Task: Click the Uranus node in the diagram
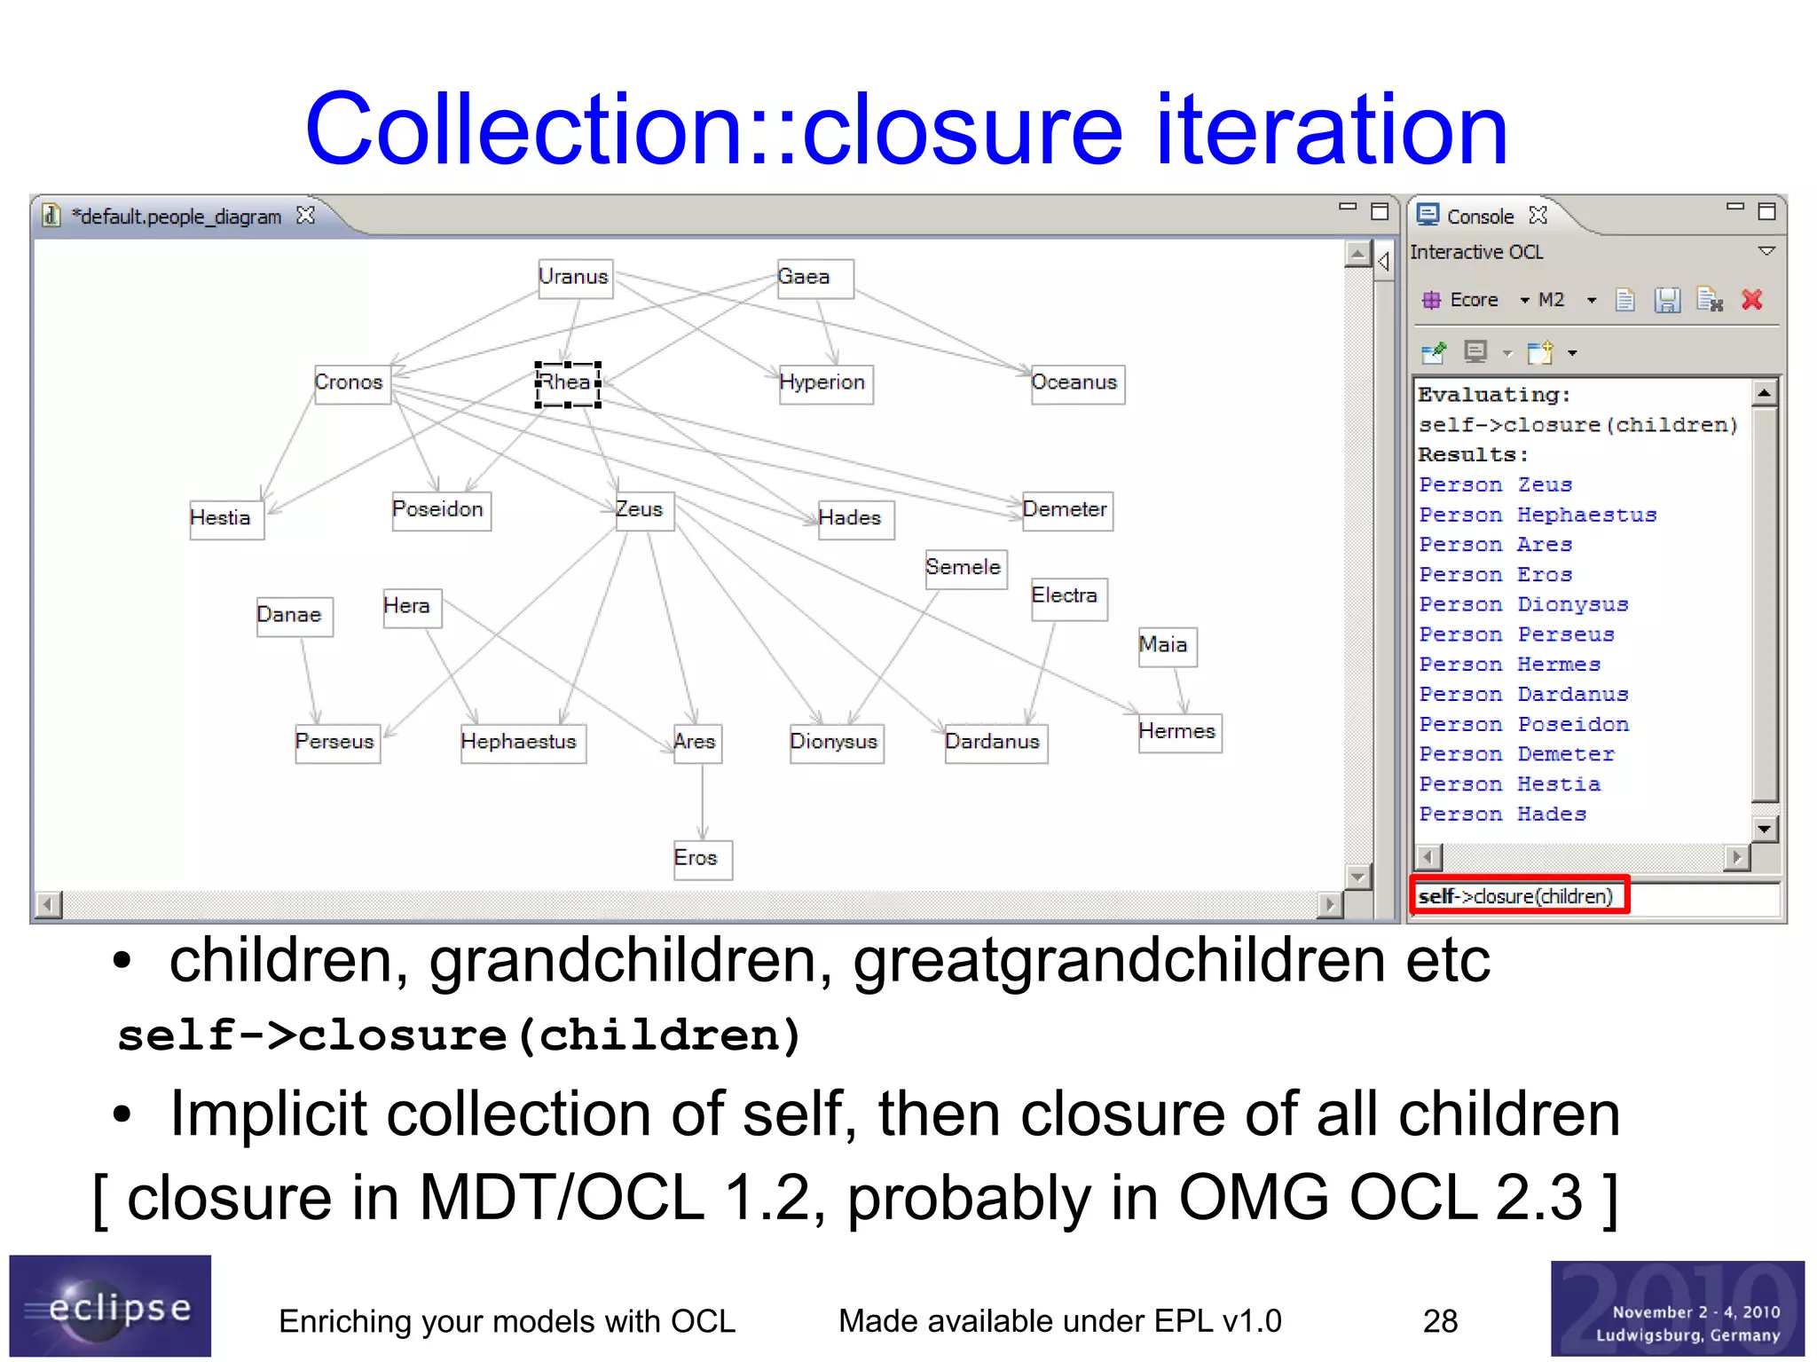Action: pos(575,278)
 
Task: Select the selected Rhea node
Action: pos(568,383)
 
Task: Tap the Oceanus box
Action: pos(1076,383)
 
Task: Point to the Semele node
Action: pos(964,568)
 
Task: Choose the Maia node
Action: pos(1166,645)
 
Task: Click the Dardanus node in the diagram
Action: pos(995,743)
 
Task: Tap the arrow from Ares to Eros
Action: pos(703,800)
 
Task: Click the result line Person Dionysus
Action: pos(1523,605)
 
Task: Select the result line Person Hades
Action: pos(1502,815)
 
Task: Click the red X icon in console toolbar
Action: pos(1752,300)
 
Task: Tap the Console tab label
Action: pos(1479,217)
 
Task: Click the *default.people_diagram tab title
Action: pos(177,217)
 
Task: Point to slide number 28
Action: pos(1440,1321)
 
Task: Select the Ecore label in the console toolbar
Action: pos(1473,301)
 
